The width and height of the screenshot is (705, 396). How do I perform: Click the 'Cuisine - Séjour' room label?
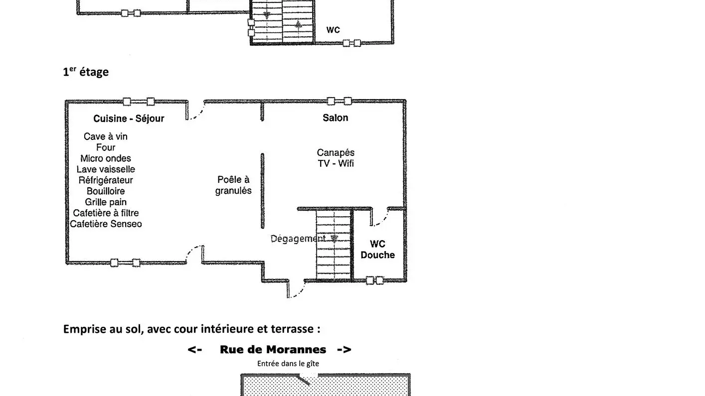click(x=129, y=119)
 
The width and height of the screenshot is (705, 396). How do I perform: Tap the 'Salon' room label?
click(x=336, y=118)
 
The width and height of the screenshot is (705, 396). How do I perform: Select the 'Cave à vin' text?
click(x=105, y=136)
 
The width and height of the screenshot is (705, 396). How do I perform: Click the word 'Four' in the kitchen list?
click(x=106, y=147)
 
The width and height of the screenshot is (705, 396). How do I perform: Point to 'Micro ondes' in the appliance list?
click(x=106, y=158)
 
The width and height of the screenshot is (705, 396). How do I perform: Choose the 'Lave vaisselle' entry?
click(x=106, y=169)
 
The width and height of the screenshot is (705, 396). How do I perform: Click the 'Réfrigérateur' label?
click(x=106, y=180)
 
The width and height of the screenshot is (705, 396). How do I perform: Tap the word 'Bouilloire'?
click(x=106, y=191)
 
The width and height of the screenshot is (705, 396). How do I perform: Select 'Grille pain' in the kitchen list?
click(x=106, y=202)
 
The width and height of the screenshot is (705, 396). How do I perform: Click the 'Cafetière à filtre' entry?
click(x=106, y=213)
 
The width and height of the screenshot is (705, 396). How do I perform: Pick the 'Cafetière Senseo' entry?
click(x=106, y=224)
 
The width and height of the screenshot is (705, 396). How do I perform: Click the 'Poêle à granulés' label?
click(x=233, y=185)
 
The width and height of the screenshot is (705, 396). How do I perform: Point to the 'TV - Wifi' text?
click(x=336, y=163)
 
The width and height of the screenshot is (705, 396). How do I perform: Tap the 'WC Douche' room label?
click(x=378, y=250)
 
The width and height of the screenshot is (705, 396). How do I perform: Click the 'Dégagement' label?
click(x=298, y=239)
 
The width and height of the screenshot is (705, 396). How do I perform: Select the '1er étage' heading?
click(x=86, y=72)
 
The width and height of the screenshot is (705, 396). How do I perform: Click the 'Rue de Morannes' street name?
click(x=273, y=350)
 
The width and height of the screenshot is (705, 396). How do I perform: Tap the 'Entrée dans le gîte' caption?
click(x=288, y=364)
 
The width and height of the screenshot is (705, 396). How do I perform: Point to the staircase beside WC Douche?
click(x=333, y=245)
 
